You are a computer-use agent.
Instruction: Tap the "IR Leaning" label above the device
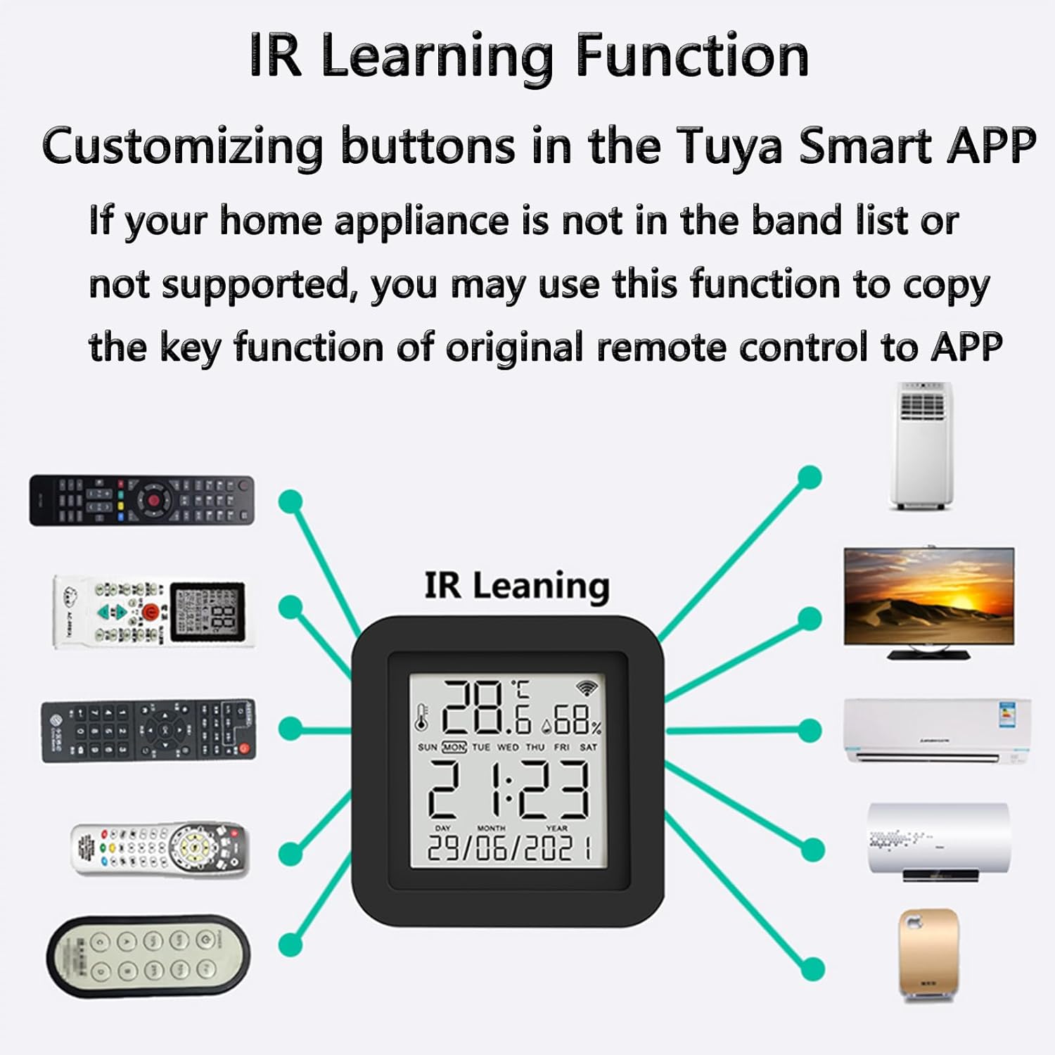point(517,586)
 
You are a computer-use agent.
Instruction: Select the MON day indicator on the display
point(454,747)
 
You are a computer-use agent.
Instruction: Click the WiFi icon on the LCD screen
point(586,688)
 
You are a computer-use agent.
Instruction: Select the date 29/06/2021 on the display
point(509,849)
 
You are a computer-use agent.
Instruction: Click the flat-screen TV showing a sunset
point(929,598)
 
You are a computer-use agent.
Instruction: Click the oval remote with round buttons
point(148,956)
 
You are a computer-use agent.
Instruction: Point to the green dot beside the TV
point(810,618)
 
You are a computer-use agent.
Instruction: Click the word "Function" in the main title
point(692,56)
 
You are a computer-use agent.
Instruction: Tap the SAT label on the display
point(588,747)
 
